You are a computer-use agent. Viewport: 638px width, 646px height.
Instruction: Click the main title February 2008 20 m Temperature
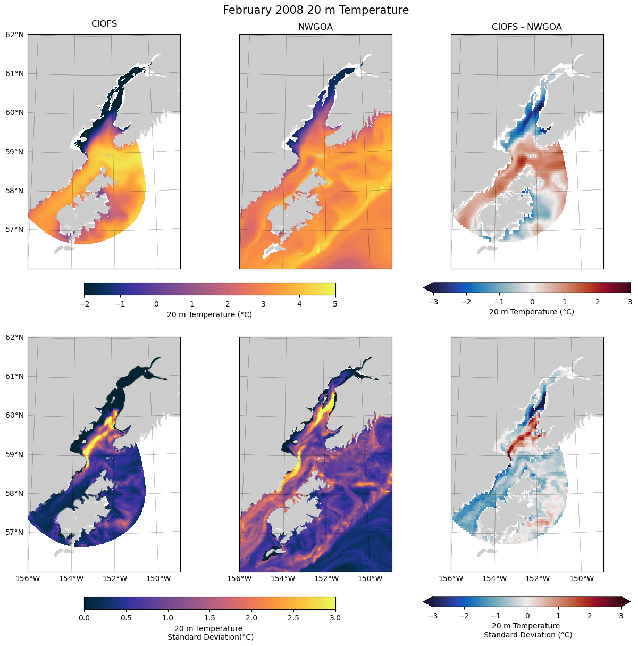point(316,10)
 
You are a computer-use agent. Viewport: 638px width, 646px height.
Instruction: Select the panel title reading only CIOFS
point(104,24)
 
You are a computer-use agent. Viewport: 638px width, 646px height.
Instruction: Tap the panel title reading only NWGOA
point(315,27)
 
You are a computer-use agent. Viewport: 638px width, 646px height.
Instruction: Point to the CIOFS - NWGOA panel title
point(526,27)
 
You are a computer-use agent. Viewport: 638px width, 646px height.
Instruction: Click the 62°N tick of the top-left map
point(15,35)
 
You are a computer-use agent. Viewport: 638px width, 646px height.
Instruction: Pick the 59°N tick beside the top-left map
point(15,152)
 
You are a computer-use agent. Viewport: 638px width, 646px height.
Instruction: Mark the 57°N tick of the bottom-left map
point(15,532)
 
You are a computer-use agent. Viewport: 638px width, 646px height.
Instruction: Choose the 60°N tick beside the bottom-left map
point(15,416)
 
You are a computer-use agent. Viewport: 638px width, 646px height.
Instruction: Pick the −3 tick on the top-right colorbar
point(434,302)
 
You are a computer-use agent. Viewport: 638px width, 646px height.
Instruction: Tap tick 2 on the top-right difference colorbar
point(598,302)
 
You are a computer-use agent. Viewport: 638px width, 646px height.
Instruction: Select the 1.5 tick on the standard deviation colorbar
point(209,618)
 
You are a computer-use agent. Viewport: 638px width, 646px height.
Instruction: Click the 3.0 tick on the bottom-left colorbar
point(335,618)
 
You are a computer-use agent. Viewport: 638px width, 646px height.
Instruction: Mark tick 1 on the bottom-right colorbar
point(558,616)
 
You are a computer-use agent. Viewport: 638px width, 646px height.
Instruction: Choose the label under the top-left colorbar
point(209,314)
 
